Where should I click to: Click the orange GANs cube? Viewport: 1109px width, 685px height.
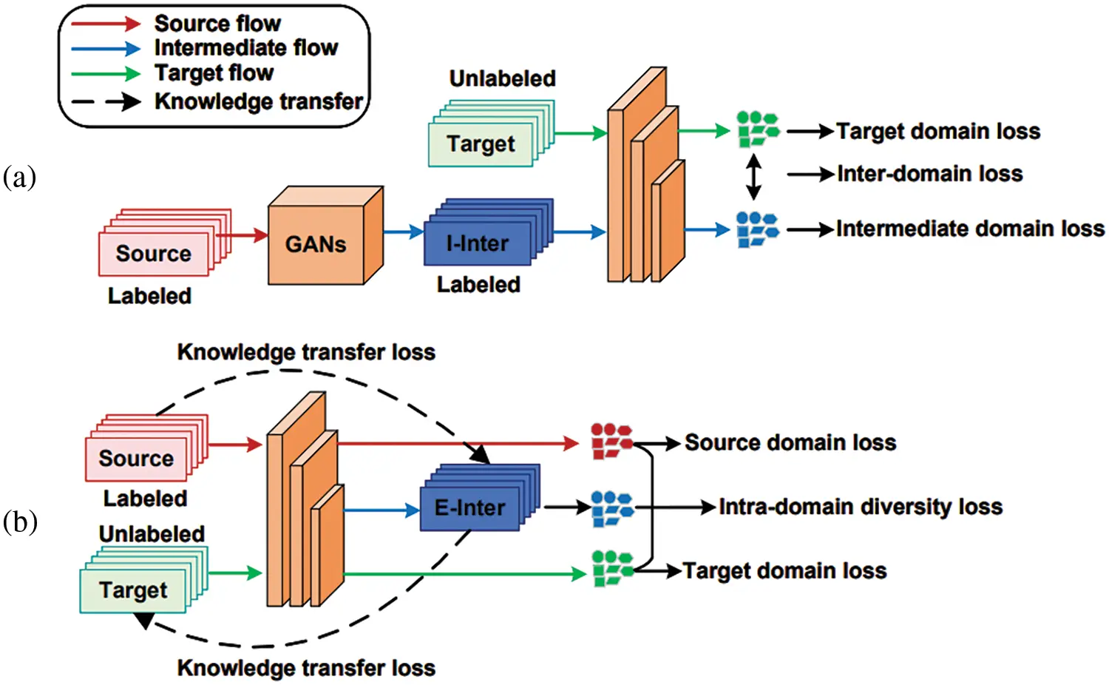pos(316,244)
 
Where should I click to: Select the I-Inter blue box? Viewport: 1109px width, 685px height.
pos(478,243)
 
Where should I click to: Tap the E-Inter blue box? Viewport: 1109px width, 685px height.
pos(470,507)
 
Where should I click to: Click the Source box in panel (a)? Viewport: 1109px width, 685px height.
pos(154,254)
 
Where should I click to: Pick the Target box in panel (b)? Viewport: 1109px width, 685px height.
pos(133,590)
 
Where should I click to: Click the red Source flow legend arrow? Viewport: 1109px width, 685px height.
pos(106,24)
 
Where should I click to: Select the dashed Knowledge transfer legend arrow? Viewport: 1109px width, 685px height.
pos(106,101)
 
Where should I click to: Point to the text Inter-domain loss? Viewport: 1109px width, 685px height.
pos(929,174)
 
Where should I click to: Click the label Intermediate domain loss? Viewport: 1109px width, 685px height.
pos(970,229)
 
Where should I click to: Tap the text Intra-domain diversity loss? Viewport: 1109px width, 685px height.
pos(861,507)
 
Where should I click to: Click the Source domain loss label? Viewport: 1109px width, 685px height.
pos(790,442)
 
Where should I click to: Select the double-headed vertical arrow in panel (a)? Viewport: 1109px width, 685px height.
pos(753,177)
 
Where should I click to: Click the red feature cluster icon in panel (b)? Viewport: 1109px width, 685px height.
pos(611,440)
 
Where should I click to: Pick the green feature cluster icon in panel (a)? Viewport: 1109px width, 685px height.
pos(758,129)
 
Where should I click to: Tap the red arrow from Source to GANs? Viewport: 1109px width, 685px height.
pos(241,235)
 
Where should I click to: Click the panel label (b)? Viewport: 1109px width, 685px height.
pos(20,522)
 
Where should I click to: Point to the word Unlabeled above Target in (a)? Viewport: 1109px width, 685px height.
pos(502,78)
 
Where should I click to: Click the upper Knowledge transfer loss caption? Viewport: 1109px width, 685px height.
pos(306,351)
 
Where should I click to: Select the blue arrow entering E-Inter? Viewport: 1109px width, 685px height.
pos(381,510)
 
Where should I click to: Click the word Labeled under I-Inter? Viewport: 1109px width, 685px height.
pos(478,284)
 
